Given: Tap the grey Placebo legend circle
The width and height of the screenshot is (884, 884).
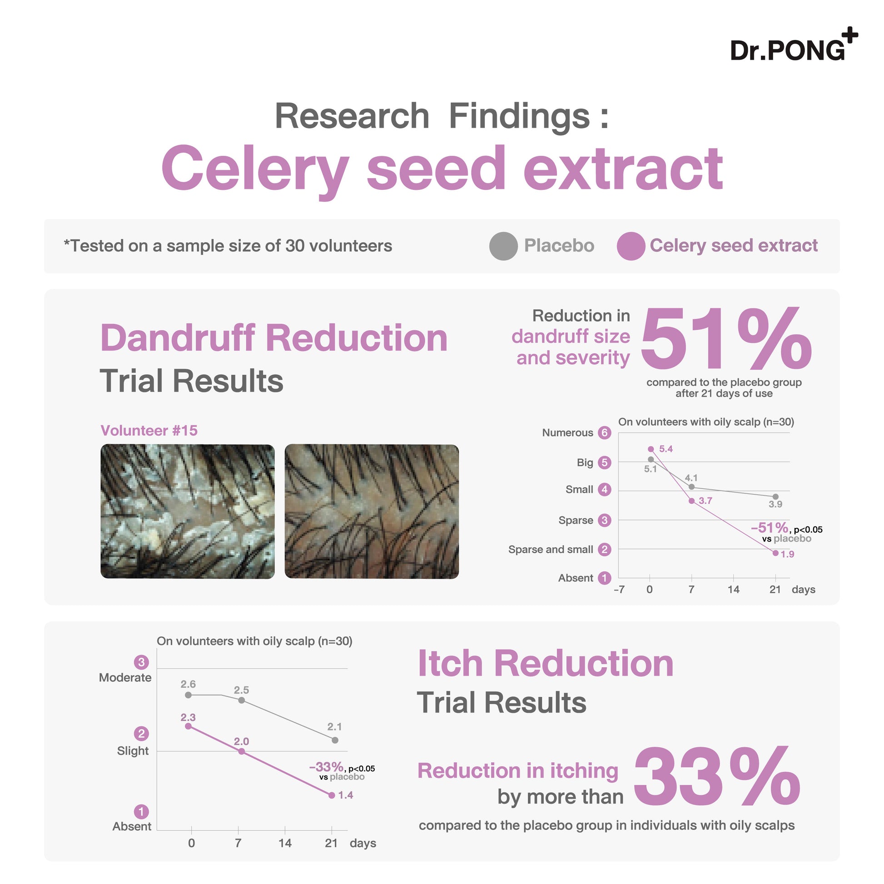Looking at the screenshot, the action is pyautogui.click(x=503, y=246).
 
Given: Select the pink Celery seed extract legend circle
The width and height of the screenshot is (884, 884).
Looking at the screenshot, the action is pyautogui.click(x=631, y=246).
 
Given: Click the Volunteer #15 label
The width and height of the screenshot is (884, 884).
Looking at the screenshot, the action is pyautogui.click(x=149, y=431).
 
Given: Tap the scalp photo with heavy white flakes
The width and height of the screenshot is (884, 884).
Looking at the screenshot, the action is pyautogui.click(x=188, y=512).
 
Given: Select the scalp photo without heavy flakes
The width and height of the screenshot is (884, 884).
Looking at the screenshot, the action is pyautogui.click(x=372, y=512).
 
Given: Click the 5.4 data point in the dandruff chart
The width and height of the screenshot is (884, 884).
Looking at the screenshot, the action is pyautogui.click(x=651, y=449).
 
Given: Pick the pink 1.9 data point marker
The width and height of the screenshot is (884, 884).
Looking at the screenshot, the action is pyautogui.click(x=775, y=553).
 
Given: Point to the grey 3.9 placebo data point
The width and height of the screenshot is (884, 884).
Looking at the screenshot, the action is pyautogui.click(x=775, y=497).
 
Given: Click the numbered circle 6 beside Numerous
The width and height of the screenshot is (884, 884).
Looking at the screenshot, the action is pyautogui.click(x=605, y=433).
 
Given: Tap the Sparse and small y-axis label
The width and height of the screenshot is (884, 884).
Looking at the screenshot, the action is pyautogui.click(x=551, y=550).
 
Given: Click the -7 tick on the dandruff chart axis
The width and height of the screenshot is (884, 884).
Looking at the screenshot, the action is pyautogui.click(x=619, y=589).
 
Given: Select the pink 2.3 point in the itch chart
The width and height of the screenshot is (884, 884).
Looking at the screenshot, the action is pyautogui.click(x=188, y=726).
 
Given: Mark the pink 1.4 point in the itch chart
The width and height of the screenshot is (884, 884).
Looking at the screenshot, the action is pyautogui.click(x=332, y=795).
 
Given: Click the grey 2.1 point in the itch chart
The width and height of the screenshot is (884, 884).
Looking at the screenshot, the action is pyautogui.click(x=335, y=740).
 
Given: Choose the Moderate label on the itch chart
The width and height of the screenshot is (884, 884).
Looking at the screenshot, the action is pyautogui.click(x=125, y=678).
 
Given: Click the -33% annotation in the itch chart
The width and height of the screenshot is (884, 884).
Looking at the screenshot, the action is pyautogui.click(x=326, y=767).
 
